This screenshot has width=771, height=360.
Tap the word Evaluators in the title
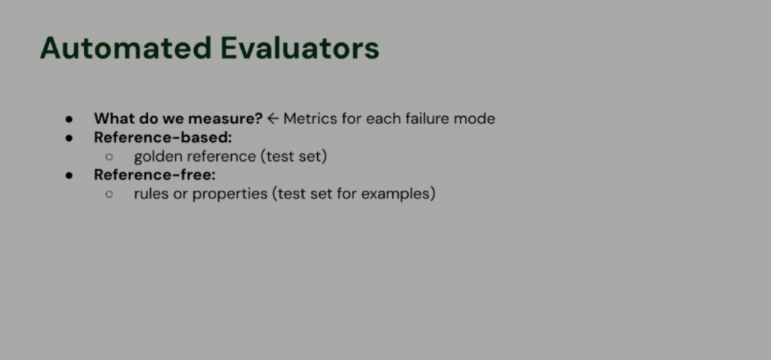300,48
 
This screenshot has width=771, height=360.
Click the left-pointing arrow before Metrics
273,119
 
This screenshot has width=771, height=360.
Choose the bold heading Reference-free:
155,175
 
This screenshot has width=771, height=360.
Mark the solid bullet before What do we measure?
69,119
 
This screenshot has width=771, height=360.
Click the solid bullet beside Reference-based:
69,138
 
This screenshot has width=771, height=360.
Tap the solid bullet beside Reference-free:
69,176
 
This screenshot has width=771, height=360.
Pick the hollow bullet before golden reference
109,157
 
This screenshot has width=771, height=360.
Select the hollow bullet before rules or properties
109,194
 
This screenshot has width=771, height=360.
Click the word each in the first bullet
378,119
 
